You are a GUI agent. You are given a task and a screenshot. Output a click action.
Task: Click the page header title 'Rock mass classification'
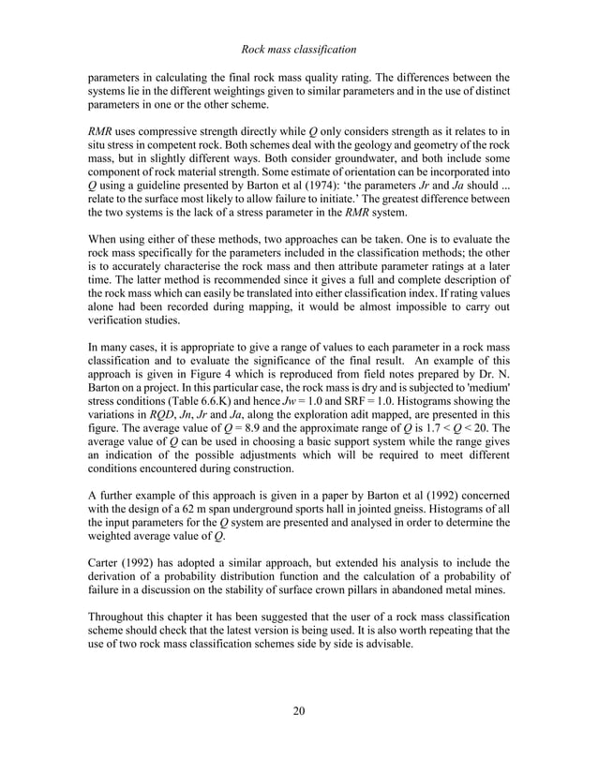(x=298, y=48)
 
